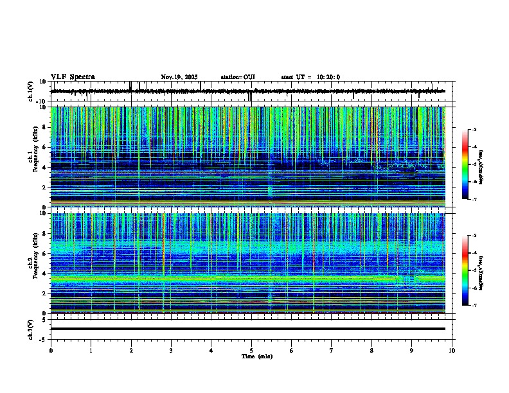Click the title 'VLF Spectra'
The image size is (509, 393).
tap(73, 77)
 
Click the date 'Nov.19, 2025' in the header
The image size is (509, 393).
tap(181, 77)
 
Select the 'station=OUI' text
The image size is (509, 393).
tap(238, 77)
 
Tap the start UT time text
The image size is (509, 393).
tap(310, 77)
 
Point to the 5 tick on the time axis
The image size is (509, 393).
tap(251, 350)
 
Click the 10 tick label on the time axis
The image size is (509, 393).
tap(452, 350)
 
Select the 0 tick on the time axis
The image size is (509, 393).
tap(51, 350)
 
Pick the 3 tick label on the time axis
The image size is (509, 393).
tap(171, 350)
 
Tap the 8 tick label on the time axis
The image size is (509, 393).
tap(371, 350)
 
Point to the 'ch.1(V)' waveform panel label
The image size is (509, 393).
tap(31, 91)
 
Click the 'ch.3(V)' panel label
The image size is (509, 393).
tap(31, 328)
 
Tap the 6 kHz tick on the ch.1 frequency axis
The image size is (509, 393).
tap(45, 147)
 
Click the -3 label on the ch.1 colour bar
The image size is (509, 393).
tap(474, 130)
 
